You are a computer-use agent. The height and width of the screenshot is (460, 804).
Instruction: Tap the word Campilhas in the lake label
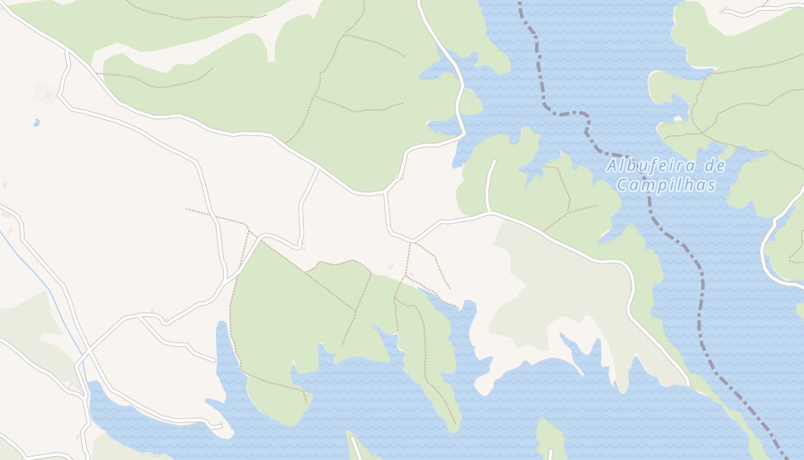666,185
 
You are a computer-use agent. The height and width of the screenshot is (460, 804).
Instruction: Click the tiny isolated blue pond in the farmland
36,122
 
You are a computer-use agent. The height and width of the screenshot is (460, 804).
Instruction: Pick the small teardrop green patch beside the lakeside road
470,102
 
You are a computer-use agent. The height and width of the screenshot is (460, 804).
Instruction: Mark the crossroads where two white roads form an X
88,350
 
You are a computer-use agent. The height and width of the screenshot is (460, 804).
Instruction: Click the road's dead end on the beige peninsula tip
222,426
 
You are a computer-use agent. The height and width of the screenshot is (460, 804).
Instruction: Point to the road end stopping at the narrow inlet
215,361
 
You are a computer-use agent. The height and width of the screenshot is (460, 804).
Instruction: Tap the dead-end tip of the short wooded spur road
494,161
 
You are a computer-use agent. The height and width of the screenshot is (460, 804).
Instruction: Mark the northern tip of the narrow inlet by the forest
221,323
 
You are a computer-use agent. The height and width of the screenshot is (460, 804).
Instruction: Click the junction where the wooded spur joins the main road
491,212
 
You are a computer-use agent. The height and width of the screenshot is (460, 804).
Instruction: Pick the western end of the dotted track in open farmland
186,209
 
